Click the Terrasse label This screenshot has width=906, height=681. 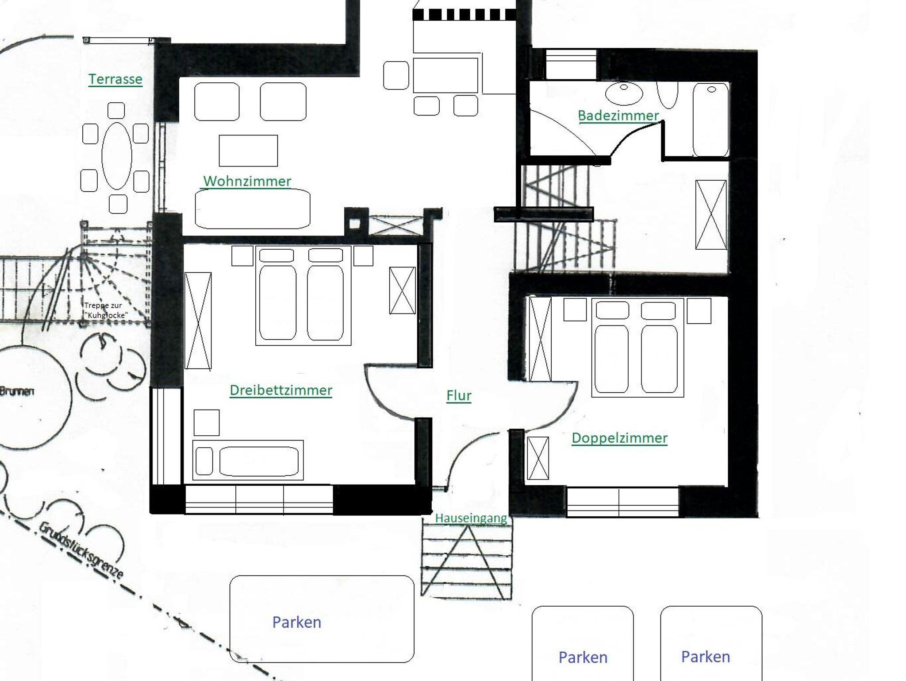tap(115, 79)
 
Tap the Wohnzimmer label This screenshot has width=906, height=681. tap(247, 181)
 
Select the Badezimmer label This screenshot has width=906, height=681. tap(618, 116)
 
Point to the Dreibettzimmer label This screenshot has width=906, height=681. tap(281, 390)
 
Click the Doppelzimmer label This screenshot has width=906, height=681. tap(619, 438)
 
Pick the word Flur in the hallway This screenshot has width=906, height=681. tap(459, 395)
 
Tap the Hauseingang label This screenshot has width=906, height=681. tap(471, 518)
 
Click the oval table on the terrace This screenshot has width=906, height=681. tap(117, 156)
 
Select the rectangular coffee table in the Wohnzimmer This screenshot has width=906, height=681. tap(248, 151)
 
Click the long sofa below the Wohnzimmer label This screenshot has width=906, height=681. tap(253, 209)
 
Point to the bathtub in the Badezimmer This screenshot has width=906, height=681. tap(710, 120)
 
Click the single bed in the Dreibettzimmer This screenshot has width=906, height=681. tap(248, 460)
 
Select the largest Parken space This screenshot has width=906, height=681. tap(322, 619)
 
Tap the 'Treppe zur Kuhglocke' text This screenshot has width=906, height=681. tap(106, 310)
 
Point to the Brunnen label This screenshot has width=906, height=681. tap(17, 391)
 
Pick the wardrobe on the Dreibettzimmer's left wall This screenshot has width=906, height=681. tap(198, 321)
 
